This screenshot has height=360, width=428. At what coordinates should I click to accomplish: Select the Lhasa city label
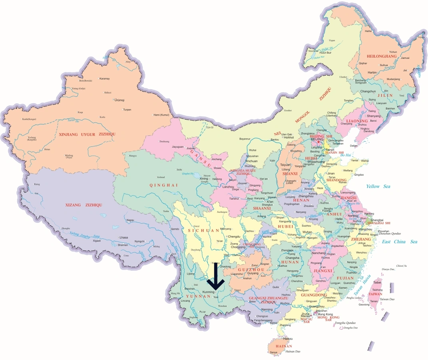pyautogui.click(x=123, y=237)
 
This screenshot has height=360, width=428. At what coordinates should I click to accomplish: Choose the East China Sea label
pyautogui.click(x=399, y=242)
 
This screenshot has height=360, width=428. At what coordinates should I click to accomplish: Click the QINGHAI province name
pyautogui.click(x=158, y=185)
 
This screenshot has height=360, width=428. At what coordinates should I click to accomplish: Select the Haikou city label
pyautogui.click(x=283, y=338)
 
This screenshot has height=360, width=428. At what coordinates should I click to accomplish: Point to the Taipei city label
pyautogui.click(x=377, y=282)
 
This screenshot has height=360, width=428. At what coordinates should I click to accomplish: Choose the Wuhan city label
pyautogui.click(x=307, y=232)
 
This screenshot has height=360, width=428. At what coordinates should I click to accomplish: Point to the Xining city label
pyautogui.click(x=204, y=178)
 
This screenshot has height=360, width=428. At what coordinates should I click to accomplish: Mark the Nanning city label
pyautogui.click(x=267, y=310)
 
